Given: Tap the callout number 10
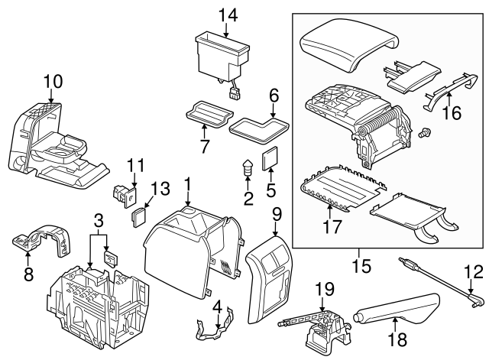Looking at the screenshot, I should [51, 79].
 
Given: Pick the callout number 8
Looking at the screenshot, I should [28, 273].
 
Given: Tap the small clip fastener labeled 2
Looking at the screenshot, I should [248, 170].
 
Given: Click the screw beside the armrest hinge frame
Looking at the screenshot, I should [425, 132].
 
